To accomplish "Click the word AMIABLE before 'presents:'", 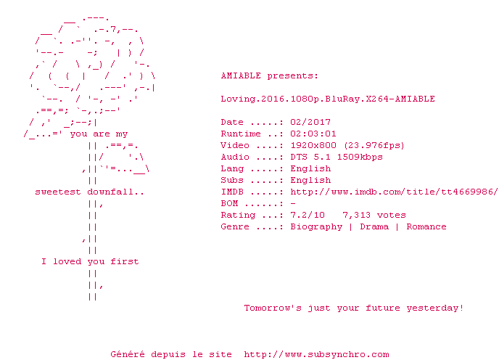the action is pos(241,75).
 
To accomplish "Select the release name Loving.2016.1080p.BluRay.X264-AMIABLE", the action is pos(328,99).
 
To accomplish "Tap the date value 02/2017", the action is pos(310,122).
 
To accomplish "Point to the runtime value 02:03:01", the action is pos(313,134).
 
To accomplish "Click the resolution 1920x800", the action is pos(313,145).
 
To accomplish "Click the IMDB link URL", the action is pos(394,192).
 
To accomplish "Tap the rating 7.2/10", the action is pos(308,215).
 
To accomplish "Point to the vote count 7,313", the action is pos(356,216).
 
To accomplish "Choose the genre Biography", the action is pos(316,227).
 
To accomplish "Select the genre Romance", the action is pos(426,226).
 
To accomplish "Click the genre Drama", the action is pos(374,226).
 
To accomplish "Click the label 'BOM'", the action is pos(229,203).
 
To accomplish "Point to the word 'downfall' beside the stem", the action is pos(110,192).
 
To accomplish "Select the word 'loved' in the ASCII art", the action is pos(67,261).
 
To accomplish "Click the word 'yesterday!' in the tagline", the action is pos(434,308).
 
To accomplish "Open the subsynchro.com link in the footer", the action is pos(316,355).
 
